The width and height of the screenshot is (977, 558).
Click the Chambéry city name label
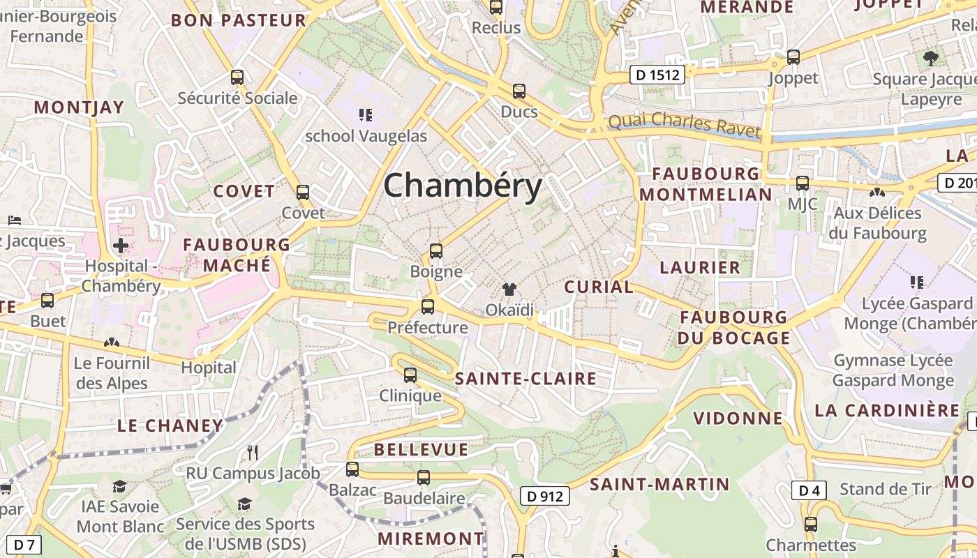coord(463,186)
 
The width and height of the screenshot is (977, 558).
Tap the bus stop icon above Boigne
coord(436,251)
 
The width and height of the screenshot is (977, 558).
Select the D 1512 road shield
coord(657,75)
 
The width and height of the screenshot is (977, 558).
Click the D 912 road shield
coord(545,496)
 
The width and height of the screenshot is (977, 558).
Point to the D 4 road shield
coord(809,490)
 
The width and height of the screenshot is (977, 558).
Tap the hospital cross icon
coord(121,246)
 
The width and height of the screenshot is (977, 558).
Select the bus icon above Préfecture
coord(428,307)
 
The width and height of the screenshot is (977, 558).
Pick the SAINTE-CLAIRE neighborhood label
coord(525,379)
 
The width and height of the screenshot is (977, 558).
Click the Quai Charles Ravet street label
coord(684,124)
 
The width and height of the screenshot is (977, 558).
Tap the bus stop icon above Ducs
coord(519,91)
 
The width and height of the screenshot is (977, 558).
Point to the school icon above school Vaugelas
coord(365,114)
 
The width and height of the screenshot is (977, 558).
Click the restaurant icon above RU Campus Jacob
coord(253,453)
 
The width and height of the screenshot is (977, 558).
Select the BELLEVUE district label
coord(421,449)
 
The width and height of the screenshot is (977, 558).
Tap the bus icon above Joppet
coord(793,57)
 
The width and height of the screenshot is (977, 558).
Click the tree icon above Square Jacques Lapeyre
coord(930,58)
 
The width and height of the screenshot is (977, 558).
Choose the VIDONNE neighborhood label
coord(738,418)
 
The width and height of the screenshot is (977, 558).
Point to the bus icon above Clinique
coord(410,375)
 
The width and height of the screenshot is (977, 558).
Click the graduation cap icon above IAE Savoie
coord(120,486)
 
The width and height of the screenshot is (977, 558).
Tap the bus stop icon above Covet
coord(303,193)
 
